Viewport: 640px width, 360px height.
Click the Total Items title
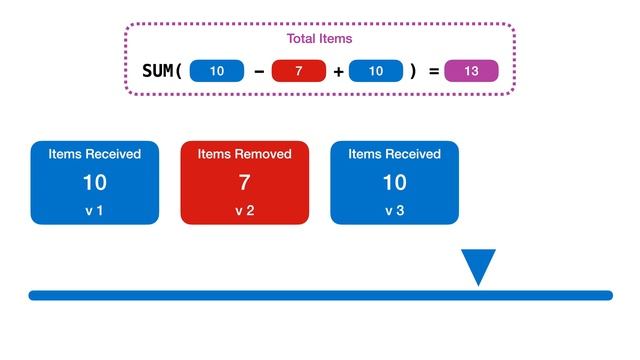[319, 39]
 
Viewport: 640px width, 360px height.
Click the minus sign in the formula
[260, 71]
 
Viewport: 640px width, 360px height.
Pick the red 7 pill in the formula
[299, 71]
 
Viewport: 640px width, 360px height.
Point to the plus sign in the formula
[339, 71]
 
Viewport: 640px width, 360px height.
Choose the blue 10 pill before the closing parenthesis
[376, 71]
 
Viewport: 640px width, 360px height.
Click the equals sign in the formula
[433, 71]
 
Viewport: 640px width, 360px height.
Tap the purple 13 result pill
[471, 71]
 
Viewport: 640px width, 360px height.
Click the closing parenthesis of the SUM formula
[412, 71]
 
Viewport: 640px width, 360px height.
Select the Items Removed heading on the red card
[244, 154]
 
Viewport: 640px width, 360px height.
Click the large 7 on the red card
[244, 183]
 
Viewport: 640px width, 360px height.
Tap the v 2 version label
[244, 211]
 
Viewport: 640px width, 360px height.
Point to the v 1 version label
[94, 211]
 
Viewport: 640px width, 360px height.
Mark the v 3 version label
[394, 211]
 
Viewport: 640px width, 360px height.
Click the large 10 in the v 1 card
[94, 183]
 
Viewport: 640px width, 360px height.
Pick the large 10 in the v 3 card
[394, 183]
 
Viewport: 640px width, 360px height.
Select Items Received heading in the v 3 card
[394, 154]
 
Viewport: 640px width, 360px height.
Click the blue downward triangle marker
[478, 264]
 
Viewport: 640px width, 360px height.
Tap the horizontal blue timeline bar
[320, 295]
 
